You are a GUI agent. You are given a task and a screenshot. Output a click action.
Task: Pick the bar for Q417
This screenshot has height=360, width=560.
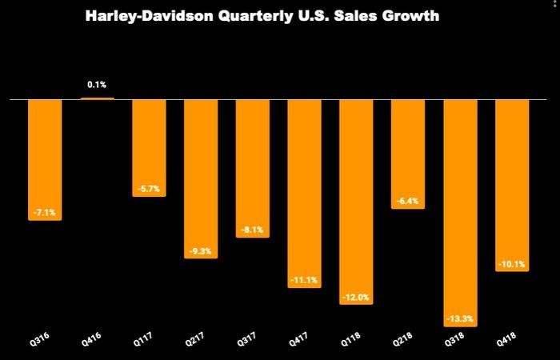pos(305,192)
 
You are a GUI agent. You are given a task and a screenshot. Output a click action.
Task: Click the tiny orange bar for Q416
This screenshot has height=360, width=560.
pos(97,98)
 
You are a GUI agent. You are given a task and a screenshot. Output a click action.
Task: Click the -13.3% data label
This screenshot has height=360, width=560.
pos(460,318)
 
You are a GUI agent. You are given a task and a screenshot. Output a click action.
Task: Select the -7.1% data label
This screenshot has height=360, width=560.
pos(45,213)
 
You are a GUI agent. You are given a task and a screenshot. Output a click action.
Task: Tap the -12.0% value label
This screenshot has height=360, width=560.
pos(357,298)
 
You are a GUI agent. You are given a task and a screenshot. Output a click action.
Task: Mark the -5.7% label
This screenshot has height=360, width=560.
pos(148,189)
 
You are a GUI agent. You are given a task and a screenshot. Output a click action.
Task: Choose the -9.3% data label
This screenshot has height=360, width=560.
pos(201,251)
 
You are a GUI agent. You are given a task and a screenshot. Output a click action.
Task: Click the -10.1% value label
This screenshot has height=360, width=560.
pos(512,264)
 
